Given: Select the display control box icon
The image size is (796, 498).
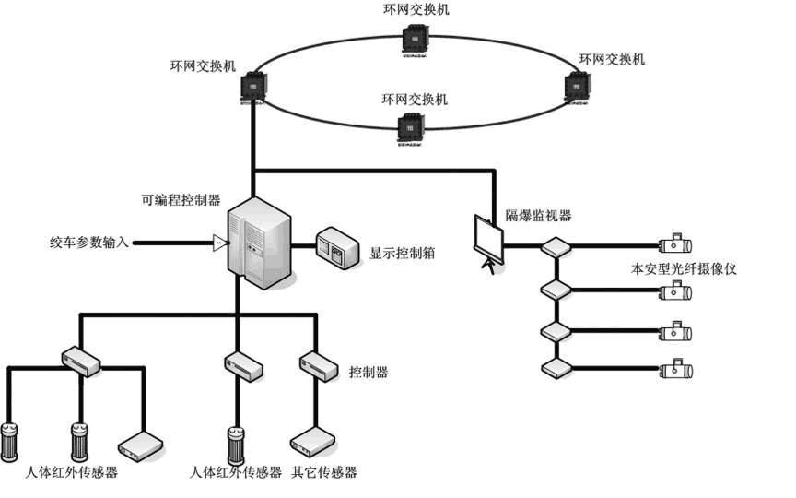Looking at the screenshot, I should tap(336, 247).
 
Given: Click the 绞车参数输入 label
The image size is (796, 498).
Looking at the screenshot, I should tap(90, 243).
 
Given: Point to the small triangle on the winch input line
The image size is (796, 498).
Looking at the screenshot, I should tap(219, 243).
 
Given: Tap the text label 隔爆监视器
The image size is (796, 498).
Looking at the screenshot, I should tap(538, 216).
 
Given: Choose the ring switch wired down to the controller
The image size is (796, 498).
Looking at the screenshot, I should tap(252, 89).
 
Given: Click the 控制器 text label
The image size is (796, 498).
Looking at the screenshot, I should tap(369, 373).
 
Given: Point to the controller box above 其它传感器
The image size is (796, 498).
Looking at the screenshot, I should tap(314, 364).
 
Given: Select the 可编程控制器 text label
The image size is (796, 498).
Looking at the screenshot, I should tap(180, 199).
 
